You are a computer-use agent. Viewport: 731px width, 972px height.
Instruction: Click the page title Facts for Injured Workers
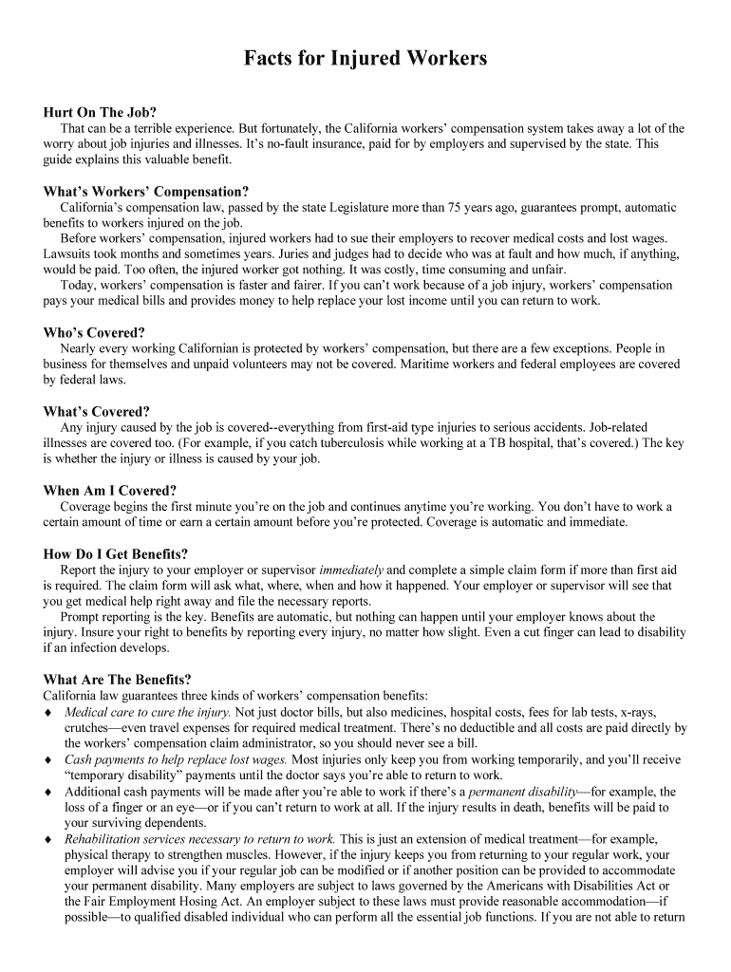pyautogui.click(x=365, y=59)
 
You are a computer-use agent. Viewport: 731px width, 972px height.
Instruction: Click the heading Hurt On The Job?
pyautogui.click(x=100, y=111)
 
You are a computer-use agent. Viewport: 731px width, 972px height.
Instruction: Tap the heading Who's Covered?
pyautogui.click(x=94, y=332)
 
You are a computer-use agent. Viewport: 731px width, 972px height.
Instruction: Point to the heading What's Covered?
pyautogui.click(x=97, y=411)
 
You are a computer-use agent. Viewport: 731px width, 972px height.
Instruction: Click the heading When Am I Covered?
pyautogui.click(x=110, y=491)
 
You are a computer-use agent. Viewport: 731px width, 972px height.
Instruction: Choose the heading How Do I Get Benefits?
pyautogui.click(x=116, y=553)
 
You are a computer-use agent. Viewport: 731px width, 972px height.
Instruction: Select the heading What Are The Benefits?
pyautogui.click(x=118, y=680)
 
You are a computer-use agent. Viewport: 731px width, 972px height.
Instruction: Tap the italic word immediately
pyautogui.click(x=351, y=570)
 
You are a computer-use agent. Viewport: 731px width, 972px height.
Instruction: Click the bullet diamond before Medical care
pyautogui.click(x=48, y=713)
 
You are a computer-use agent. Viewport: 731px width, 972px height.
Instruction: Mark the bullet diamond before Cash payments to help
pyautogui.click(x=48, y=760)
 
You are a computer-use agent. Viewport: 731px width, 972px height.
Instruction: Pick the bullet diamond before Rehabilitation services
pyautogui.click(x=48, y=840)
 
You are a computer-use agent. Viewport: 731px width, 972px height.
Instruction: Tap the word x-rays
pyautogui.click(x=646, y=712)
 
